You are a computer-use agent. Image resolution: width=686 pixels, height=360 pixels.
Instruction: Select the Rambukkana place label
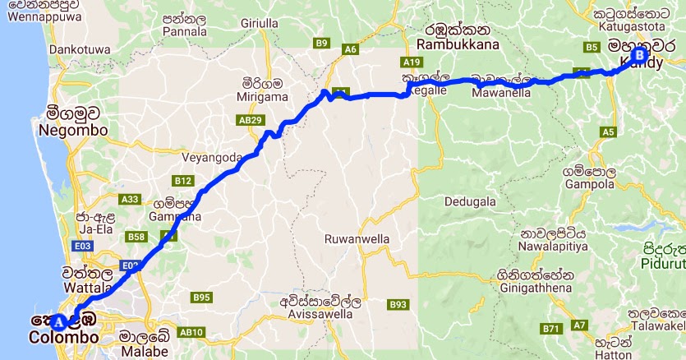pyautogui.click(x=455, y=44)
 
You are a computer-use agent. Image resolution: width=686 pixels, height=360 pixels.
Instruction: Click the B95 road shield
pyautogui.click(x=201, y=297)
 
